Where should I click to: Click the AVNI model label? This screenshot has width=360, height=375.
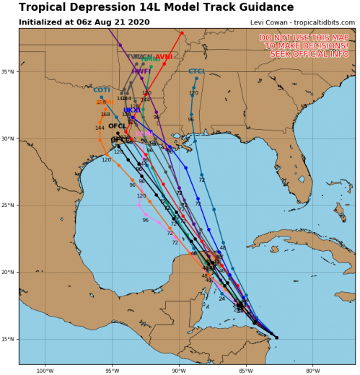(164, 56)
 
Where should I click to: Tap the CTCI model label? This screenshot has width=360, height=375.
(196, 71)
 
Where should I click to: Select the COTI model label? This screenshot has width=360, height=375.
(102, 90)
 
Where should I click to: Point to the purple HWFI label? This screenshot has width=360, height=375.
(141, 71)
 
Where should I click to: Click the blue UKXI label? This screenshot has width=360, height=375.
(132, 110)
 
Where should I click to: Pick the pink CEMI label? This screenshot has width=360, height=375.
(144, 134)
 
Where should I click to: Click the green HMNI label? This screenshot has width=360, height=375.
(151, 59)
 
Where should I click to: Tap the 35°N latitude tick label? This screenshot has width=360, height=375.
(9, 72)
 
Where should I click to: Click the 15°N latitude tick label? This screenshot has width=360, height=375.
(9, 339)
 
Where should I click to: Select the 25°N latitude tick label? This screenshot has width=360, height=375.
(9, 206)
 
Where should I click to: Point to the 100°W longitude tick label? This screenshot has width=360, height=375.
(45, 371)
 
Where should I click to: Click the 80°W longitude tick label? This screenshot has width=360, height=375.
(312, 371)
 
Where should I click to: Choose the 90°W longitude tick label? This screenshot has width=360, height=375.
(179, 371)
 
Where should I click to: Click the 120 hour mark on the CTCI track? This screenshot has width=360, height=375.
(193, 93)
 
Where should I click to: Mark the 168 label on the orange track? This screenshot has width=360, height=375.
(105, 114)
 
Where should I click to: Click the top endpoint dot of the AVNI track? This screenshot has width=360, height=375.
(182, 33)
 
